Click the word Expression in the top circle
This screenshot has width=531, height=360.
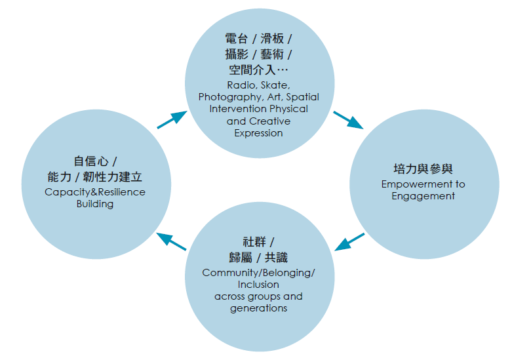[258, 133]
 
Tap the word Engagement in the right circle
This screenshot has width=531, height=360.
[423, 196]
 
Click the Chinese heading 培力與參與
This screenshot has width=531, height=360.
[423, 169]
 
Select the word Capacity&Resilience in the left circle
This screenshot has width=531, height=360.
[95, 192]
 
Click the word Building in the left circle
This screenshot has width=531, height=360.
[95, 204]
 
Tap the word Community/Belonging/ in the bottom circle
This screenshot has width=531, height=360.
[258, 273]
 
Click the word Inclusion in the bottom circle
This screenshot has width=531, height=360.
[258, 285]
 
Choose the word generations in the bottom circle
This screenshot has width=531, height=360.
[258, 308]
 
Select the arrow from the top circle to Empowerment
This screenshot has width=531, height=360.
[347, 119]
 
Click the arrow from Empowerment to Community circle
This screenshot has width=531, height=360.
[349, 241]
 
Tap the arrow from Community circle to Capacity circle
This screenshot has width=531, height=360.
[172, 241]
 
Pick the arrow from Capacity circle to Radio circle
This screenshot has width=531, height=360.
[172, 119]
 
